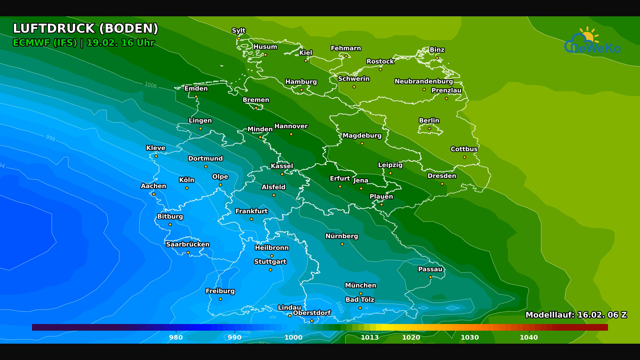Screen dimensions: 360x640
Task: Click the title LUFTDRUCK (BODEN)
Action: (85, 29)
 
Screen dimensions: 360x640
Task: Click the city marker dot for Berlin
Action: (429, 129)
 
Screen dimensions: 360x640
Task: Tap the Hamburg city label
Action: (301, 82)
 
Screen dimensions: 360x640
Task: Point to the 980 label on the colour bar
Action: (176, 337)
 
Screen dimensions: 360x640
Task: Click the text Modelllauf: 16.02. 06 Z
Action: (576, 315)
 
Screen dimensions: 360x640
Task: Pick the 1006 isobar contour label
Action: (151, 85)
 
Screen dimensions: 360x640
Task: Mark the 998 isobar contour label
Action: (51, 138)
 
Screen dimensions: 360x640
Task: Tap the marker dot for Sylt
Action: (239, 39)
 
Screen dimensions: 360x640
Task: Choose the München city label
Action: (360, 285)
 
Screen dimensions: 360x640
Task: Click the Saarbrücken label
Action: (188, 244)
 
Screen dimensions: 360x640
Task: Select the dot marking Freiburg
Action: (220, 299)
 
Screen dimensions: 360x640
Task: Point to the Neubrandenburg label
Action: (424, 81)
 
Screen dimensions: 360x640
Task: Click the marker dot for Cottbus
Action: (464, 157)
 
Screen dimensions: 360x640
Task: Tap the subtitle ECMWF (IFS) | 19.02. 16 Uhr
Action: (83, 43)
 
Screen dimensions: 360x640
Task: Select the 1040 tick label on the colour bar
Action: (529, 337)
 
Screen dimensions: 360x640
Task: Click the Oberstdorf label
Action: (312, 313)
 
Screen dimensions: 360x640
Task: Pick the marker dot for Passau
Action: (430, 277)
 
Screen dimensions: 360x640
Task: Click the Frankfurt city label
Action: (251, 211)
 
